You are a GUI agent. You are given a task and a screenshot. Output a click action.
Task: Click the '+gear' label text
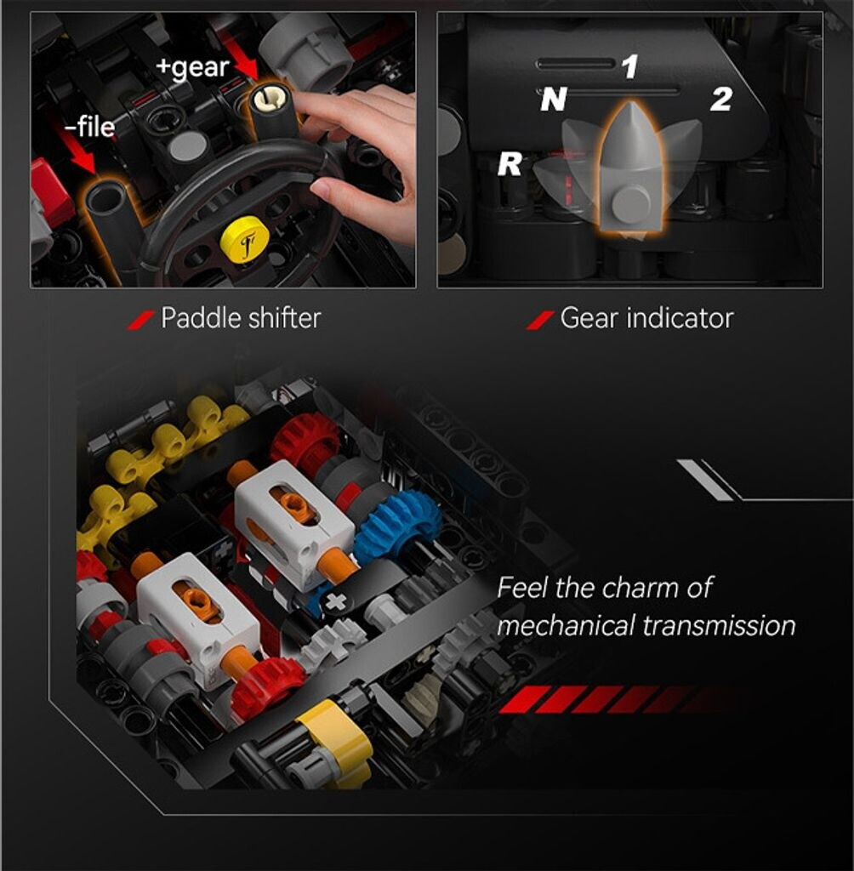click(192, 68)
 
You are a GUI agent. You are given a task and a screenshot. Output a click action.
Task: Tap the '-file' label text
click(89, 127)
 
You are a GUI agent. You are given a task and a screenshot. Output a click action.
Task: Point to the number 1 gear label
click(629, 66)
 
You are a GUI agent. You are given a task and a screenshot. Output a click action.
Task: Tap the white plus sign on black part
click(334, 603)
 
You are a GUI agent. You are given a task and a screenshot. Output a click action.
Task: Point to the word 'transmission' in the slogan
click(720, 625)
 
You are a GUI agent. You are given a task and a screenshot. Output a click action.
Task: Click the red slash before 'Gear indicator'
click(540, 320)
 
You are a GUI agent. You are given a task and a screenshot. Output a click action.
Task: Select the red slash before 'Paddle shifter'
click(141, 320)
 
